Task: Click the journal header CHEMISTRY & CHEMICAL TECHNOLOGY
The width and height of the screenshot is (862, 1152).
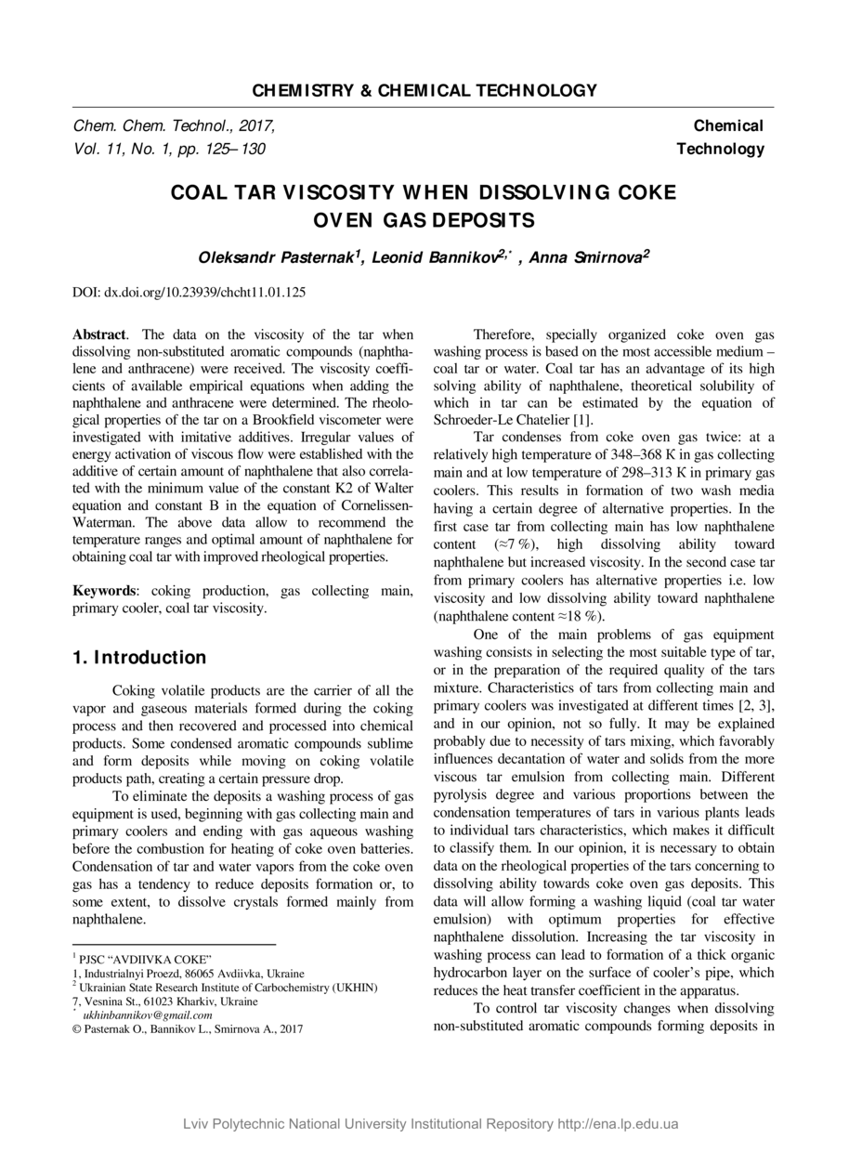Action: tap(424, 91)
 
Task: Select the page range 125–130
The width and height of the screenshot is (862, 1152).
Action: tap(240, 149)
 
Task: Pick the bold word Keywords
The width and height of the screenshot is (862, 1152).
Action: tap(105, 591)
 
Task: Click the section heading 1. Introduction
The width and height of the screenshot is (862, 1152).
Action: tap(139, 658)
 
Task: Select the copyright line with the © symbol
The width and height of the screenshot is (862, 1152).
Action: tap(188, 1029)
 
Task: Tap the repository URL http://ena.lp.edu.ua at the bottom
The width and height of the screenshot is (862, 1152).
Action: tap(618, 1124)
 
